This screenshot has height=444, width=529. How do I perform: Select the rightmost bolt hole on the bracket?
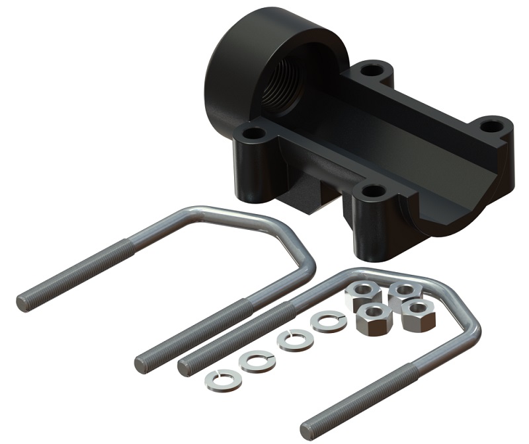490,124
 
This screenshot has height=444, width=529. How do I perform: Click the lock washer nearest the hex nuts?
329,322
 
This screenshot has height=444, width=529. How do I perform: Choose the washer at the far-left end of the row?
219,379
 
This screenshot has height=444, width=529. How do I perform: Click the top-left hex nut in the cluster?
361,293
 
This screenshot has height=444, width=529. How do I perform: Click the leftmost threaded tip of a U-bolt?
22,303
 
